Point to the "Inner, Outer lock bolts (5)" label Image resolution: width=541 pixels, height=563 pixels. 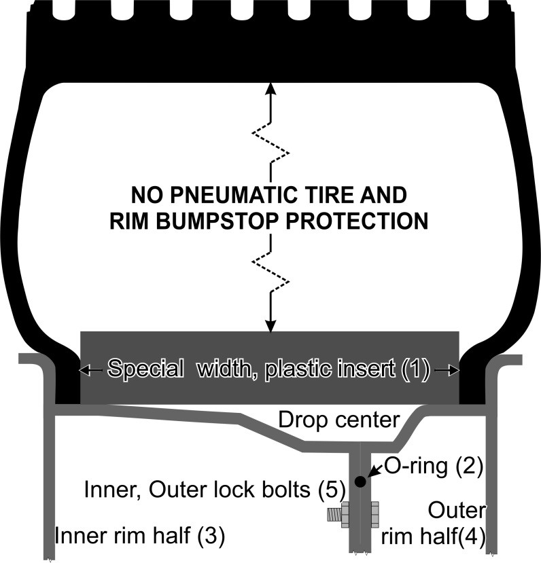point(215,488)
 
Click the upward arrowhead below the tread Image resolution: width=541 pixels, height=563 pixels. point(270,89)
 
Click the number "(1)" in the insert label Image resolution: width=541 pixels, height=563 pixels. point(415,369)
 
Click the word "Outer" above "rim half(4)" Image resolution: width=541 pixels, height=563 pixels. point(457,510)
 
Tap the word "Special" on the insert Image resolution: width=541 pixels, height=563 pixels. point(145,369)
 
